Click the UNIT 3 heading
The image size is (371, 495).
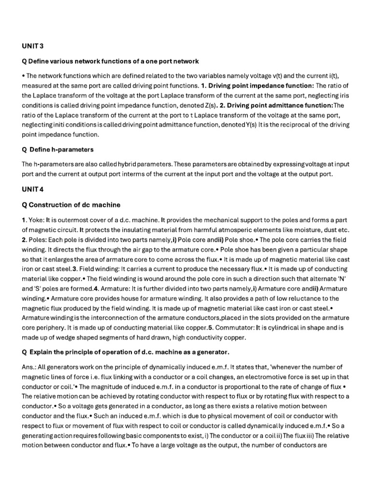[32, 46]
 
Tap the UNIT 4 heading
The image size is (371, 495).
[32, 189]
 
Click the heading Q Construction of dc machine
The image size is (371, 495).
[71, 204]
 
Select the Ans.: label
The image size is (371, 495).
[30, 367]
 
